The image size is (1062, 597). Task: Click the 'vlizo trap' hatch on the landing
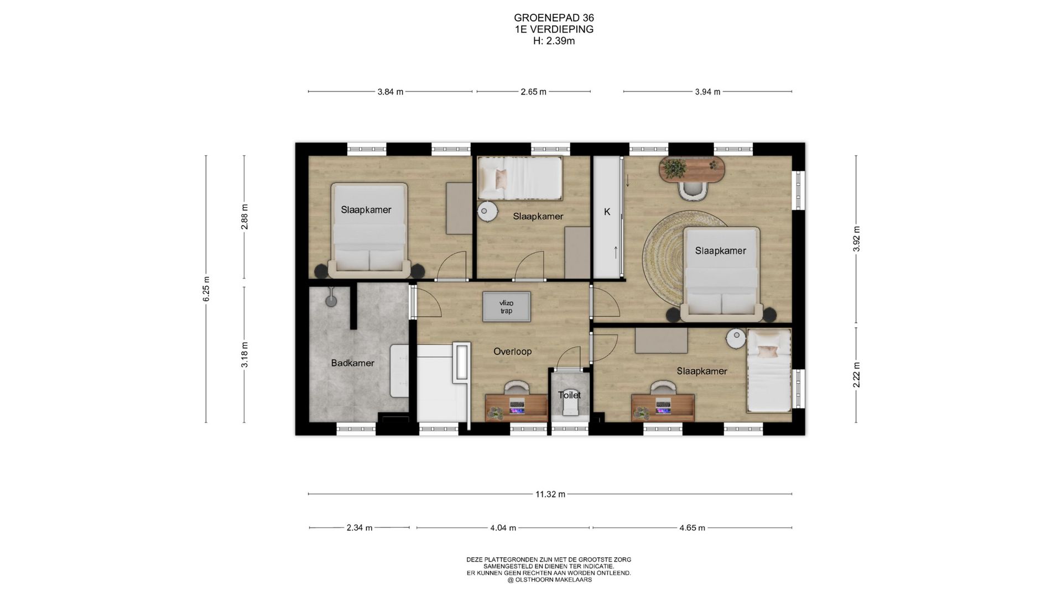pyautogui.click(x=506, y=307)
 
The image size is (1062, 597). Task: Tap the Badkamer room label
pyautogui.click(x=352, y=363)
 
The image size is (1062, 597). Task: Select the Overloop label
pyautogui.click(x=512, y=352)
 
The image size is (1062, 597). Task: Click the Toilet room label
pyautogui.click(x=569, y=395)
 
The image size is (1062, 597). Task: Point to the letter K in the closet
pyautogui.click(x=607, y=212)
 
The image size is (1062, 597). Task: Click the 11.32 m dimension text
pyautogui.click(x=550, y=494)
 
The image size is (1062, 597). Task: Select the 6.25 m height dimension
pyautogui.click(x=206, y=289)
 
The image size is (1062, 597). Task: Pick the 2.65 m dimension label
pyautogui.click(x=533, y=92)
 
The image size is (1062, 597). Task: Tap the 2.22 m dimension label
pyautogui.click(x=856, y=375)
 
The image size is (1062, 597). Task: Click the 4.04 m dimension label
pyautogui.click(x=503, y=528)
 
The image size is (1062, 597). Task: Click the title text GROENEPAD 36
pyautogui.click(x=554, y=18)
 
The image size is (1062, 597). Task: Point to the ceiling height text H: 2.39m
pyautogui.click(x=554, y=41)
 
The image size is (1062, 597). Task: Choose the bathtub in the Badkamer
pyautogui.click(x=399, y=371)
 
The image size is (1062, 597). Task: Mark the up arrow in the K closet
pyautogui.click(x=616, y=252)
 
